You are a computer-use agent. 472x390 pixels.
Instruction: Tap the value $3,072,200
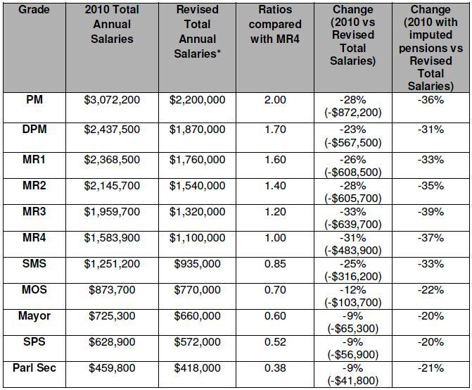112,100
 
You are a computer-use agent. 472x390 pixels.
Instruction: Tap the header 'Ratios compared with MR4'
276,24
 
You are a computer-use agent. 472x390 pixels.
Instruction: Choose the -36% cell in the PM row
430,100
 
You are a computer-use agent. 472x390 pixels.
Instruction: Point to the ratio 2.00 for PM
276,100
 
